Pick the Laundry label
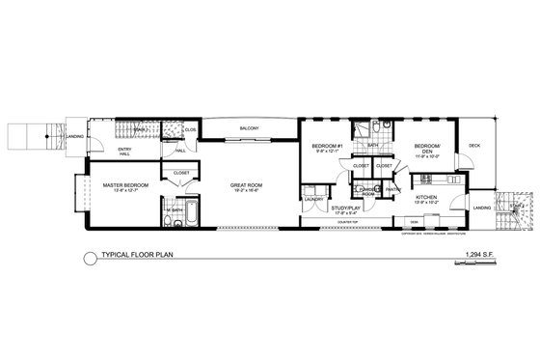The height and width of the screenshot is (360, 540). click(x=313, y=199)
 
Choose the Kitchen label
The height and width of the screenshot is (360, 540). click(x=426, y=197)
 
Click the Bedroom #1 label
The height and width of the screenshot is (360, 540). click(x=323, y=147)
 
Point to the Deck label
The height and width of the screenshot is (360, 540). click(x=473, y=146)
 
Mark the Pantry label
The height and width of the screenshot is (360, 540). click(x=392, y=189)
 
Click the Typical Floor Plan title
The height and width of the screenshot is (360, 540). click(x=140, y=255)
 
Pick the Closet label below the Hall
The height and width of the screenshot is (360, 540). click(x=181, y=174)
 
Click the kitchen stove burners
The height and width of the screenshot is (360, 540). click(x=427, y=180)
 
